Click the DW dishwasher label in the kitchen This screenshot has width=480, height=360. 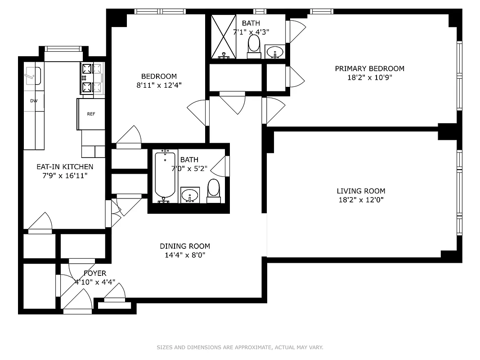[34, 101]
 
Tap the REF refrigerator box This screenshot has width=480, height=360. [91, 114]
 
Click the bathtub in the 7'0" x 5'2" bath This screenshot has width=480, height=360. [165, 176]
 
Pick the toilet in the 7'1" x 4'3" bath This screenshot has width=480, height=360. [254, 45]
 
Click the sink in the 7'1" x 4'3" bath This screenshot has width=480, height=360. [274, 52]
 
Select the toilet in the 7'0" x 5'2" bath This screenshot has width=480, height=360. [214, 189]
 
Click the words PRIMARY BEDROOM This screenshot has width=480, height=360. [369, 68]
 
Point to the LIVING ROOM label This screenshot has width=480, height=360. [360, 191]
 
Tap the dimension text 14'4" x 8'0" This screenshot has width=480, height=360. [185, 255]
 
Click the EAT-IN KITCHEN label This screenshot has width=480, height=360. [65, 166]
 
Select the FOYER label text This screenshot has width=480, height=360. [95, 273]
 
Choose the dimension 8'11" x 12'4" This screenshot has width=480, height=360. [159, 85]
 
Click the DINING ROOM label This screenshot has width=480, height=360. [185, 246]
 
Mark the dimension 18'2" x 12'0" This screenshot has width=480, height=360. [360, 200]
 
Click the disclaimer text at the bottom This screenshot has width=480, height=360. [240, 347]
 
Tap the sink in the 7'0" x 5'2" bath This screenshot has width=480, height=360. [190, 196]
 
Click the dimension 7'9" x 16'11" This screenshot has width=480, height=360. [65, 175]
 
